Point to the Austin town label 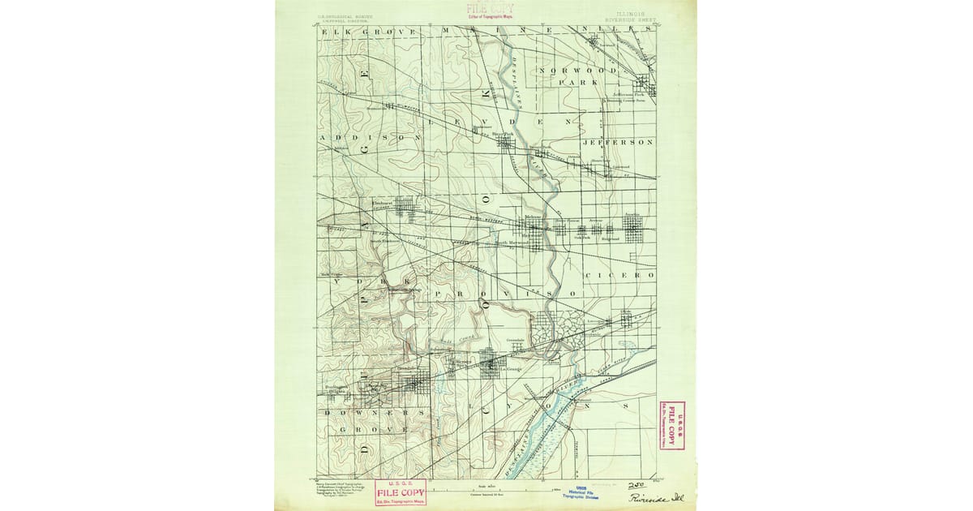point(632,215)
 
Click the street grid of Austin point(636,228)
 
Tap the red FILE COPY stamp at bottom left point(401,492)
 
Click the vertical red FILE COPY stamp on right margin point(671,425)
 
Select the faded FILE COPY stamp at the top point(490,10)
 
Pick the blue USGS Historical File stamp point(581,492)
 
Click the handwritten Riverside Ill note point(652,497)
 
